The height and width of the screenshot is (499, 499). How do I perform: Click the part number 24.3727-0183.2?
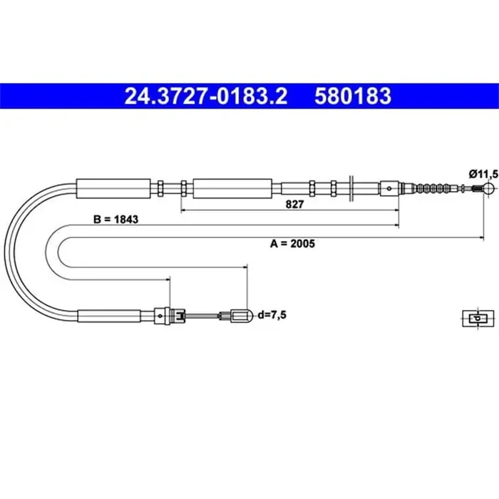tap(206, 95)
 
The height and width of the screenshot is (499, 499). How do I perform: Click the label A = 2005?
tap(292, 243)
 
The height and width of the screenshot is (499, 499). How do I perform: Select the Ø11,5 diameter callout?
tap(482, 173)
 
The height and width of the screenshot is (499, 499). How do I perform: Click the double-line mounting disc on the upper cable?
tap(351, 188)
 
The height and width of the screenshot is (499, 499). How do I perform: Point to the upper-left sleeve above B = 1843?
tap(114, 188)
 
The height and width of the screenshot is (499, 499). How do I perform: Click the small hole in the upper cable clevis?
tap(388, 189)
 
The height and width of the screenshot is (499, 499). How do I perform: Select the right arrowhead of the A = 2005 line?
tap(481, 235)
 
